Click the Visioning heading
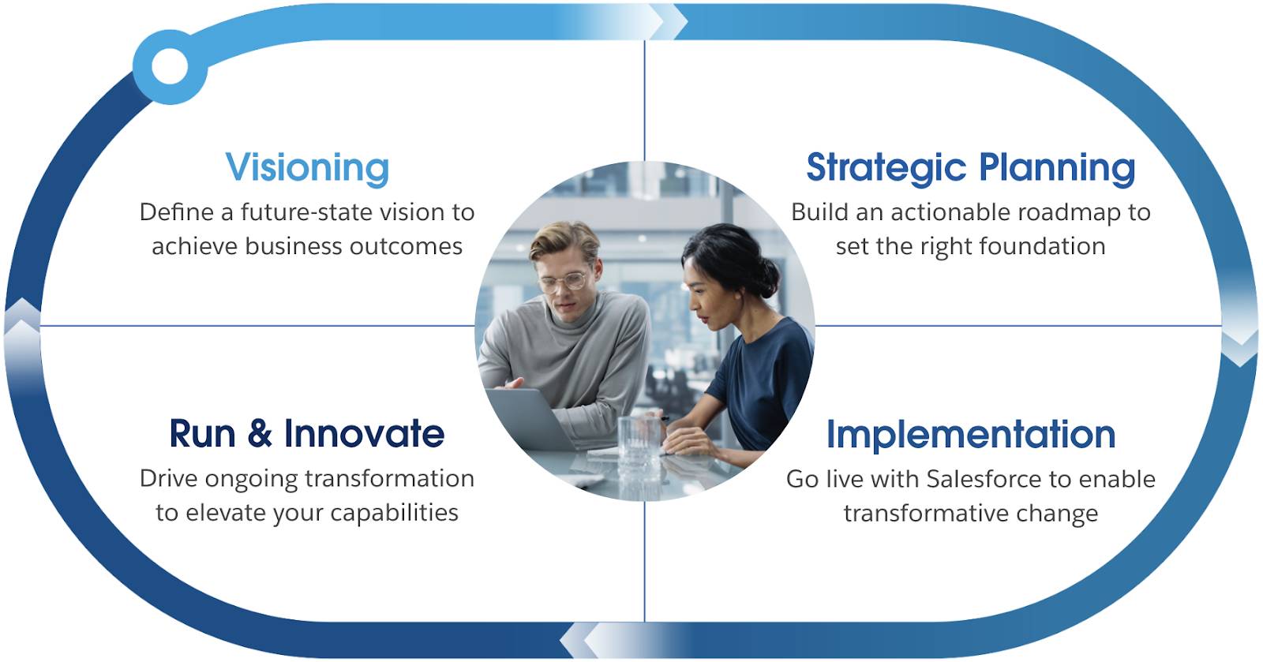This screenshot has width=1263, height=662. point(307,167)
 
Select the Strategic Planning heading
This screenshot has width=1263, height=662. point(970,167)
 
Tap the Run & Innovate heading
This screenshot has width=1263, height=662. point(306,434)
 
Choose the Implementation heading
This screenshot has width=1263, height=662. point(970,435)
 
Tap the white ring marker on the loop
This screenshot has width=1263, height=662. point(170,65)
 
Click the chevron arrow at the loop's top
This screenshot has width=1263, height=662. point(667,21)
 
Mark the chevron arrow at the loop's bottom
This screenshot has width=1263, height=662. point(580,641)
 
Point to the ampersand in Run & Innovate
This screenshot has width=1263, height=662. point(260,434)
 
